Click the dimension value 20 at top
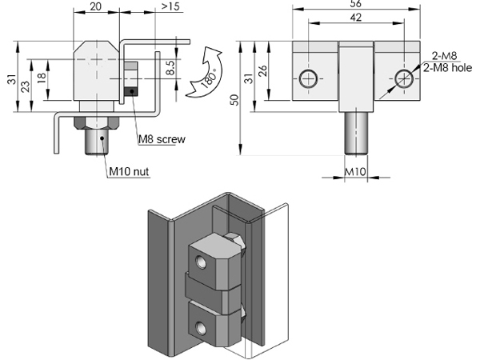(95, 7)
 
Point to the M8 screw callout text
(162, 139)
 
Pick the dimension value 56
(355, 5)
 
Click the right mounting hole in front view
(403, 78)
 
